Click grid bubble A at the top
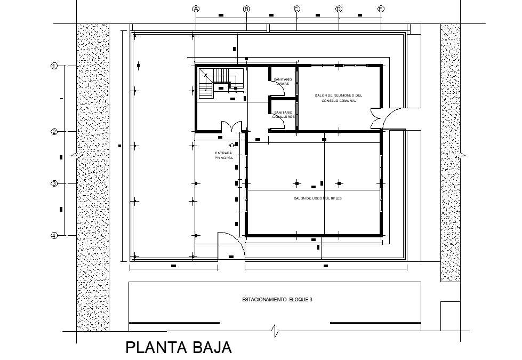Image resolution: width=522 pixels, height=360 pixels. pos(196,9)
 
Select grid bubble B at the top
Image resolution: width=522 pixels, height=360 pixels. pos(246,9)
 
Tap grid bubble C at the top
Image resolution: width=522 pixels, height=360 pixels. pos(296,9)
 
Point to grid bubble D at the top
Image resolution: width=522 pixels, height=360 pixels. pos(339,9)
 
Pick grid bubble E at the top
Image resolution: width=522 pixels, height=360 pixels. pos(381,9)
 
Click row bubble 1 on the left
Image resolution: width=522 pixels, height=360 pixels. pos(54,66)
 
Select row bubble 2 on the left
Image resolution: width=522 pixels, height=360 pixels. pos(54,132)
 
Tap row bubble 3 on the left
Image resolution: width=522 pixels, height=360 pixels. pos(54,183)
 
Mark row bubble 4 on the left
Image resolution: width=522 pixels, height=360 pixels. pos(54,235)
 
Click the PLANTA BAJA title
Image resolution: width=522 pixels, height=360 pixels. pos(179,348)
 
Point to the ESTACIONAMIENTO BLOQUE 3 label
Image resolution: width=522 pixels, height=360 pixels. pos(277,300)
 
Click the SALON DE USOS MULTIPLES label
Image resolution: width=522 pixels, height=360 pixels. pos(318,198)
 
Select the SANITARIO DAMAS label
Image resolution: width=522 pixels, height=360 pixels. pos(283,82)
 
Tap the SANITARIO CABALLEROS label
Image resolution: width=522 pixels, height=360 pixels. pos(283,115)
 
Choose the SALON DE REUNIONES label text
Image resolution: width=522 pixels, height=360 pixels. pos(339,98)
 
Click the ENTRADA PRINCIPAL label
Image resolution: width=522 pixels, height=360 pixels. pos(224,156)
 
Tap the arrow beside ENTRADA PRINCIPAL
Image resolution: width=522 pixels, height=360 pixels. pos(231,145)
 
